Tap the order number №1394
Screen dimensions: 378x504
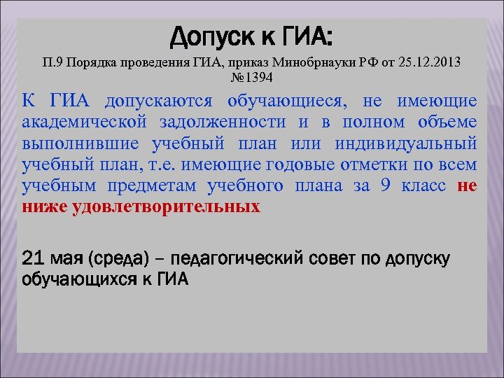(251, 76)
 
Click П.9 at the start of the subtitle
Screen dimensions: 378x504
(55, 62)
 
